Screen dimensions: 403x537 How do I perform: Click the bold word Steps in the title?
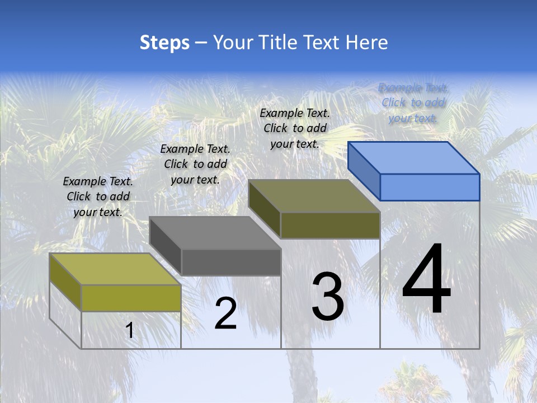[x=164, y=43]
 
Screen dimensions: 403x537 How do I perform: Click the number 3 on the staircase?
[x=328, y=297]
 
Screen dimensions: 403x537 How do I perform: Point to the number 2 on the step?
[x=225, y=313]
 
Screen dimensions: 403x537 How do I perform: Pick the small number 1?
[x=130, y=331]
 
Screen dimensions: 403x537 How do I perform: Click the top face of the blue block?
[x=414, y=158]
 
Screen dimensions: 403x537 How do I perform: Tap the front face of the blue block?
[x=430, y=187]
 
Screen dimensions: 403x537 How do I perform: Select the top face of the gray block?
[x=215, y=233]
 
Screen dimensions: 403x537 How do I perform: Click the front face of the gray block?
[x=231, y=262]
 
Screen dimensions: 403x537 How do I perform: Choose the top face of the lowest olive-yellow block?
[x=115, y=269]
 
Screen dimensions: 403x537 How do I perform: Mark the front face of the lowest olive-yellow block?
[x=131, y=298]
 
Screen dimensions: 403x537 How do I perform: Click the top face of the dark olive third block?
[x=314, y=196]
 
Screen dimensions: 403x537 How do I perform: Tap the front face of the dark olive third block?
[x=330, y=225]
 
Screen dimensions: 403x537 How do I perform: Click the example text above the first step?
[x=98, y=197]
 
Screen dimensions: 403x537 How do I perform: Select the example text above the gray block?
[x=195, y=165]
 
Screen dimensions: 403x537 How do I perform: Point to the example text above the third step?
[x=295, y=128]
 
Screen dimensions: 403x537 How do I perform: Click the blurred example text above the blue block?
[x=413, y=103]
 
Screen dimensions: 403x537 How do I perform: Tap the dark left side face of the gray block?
[x=166, y=246]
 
